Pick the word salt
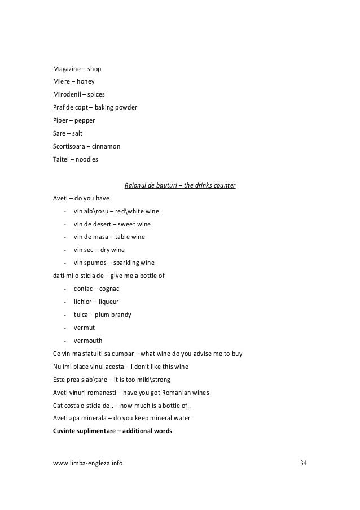pos(77,133)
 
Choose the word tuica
pos(82,315)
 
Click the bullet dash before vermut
pos(66,328)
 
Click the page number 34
pos(305,464)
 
